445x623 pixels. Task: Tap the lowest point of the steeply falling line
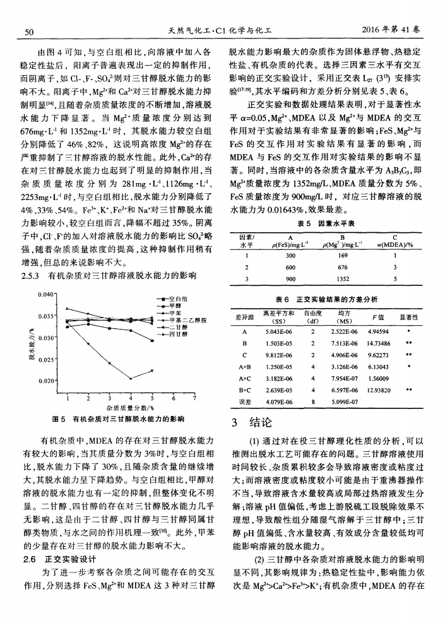point(130,378)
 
